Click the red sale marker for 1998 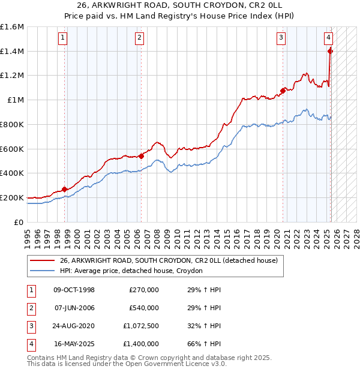click(64, 189)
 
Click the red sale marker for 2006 click(141, 156)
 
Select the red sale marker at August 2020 click(283, 91)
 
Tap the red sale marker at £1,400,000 click(330, 51)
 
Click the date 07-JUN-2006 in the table click(74, 308)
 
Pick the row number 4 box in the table click(31, 344)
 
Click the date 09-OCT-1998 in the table click(74, 290)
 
